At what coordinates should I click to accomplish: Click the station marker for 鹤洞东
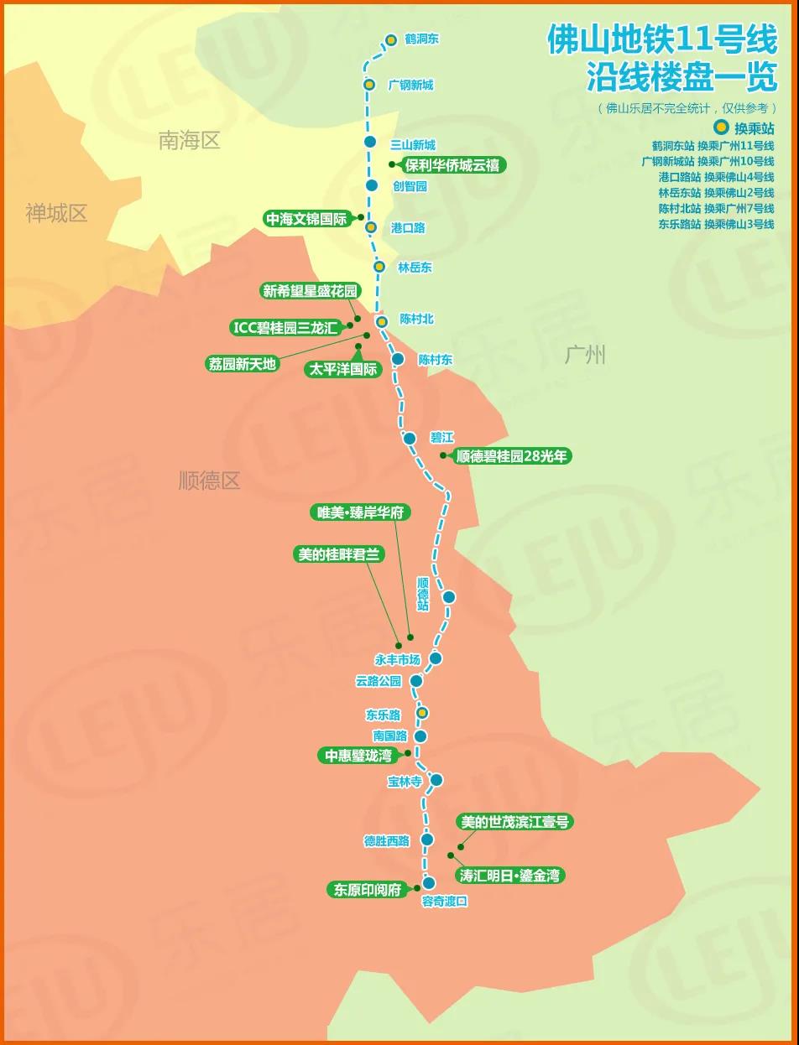coord(391,39)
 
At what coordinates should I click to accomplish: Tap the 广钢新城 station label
coord(411,85)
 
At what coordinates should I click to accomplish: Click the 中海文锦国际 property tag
coord(305,219)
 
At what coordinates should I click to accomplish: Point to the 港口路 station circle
coord(371,226)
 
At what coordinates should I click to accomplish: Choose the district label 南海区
coord(189,141)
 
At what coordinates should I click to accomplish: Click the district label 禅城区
coord(56,213)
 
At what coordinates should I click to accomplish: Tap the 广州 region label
coord(585,355)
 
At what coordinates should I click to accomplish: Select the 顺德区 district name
coord(209,481)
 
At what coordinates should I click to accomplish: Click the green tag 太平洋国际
coord(343,369)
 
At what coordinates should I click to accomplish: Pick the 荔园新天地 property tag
coord(242,364)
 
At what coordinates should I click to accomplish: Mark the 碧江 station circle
coord(410,438)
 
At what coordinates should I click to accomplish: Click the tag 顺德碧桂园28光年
coord(511,456)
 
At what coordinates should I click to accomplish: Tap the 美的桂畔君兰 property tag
coord(339,554)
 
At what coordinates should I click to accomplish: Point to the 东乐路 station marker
coord(423,713)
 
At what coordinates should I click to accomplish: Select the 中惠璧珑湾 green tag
coord(358,756)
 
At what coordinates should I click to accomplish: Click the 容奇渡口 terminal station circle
coord(429,883)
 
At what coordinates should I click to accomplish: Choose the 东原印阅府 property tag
coord(368,890)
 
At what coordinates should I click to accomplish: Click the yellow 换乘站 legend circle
coord(721,128)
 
